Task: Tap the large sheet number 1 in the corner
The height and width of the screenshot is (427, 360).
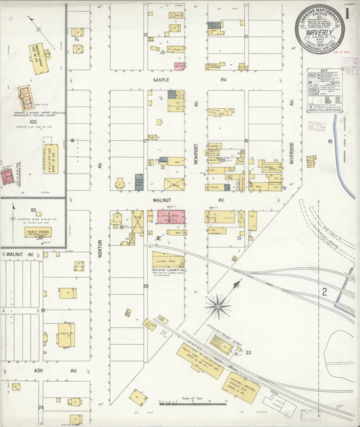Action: (346, 11)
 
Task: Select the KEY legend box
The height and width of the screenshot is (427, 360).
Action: (324, 90)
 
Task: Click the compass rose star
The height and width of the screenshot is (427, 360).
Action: (218, 305)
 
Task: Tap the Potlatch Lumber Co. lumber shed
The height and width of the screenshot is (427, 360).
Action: (167, 259)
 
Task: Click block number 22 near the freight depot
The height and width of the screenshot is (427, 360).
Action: (248, 352)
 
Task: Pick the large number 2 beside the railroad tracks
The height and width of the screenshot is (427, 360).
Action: (324, 292)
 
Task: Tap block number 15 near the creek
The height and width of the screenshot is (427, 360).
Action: (330, 141)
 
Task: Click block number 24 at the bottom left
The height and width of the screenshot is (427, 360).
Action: (41, 407)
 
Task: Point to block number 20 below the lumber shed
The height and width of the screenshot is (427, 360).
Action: (145, 286)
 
